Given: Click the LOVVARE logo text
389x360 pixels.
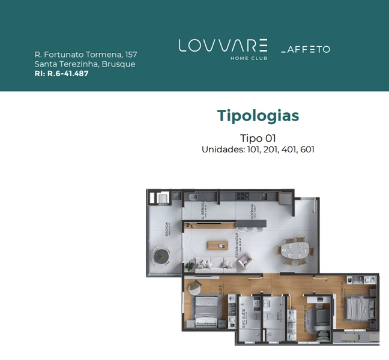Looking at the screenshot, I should (223, 46).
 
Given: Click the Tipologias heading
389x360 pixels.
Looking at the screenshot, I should (258, 115).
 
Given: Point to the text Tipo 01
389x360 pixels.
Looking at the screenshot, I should (258, 139).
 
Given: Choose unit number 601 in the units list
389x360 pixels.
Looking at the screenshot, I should (305, 149).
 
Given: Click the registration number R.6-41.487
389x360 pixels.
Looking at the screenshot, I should (67, 74).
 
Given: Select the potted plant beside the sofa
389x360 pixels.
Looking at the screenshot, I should (190, 265).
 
